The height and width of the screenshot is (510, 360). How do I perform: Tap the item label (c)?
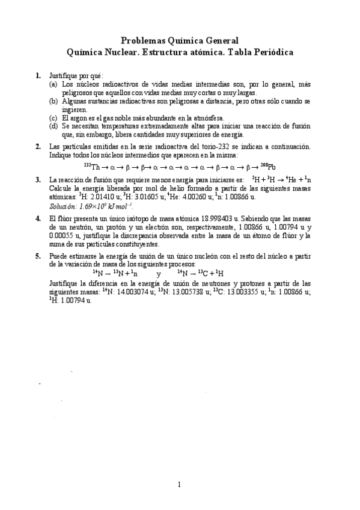pyautogui.click(x=53, y=118)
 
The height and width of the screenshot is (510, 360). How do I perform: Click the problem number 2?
pyautogui.click(x=38, y=146)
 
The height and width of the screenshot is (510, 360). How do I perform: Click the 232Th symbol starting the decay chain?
pyautogui.click(x=92, y=166)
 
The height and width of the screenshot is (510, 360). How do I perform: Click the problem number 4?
pyautogui.click(x=38, y=219)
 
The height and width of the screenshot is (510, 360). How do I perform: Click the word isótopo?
pyautogui.click(x=128, y=219)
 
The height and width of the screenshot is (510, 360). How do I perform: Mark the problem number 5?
pyautogui.click(x=38, y=256)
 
